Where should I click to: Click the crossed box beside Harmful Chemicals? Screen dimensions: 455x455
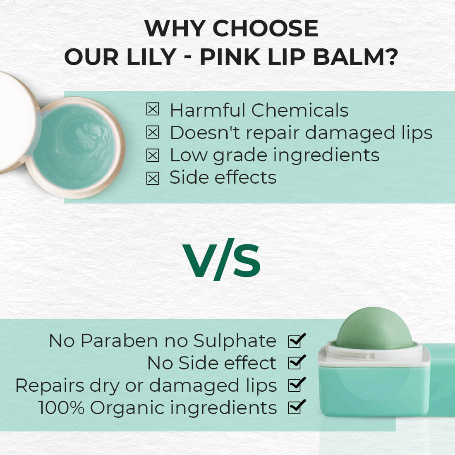(153, 109)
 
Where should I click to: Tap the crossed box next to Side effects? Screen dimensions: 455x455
(153, 178)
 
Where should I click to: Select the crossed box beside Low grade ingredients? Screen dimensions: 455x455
(153, 155)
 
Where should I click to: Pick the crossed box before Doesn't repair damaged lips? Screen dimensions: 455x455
(153, 132)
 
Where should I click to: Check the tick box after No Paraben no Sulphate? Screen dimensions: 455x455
(297, 340)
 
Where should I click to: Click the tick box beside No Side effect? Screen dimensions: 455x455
(297, 362)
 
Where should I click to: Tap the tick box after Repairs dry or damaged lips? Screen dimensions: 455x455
(297, 385)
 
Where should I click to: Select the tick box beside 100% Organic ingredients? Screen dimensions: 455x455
(297, 407)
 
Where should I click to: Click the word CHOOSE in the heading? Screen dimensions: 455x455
(265, 29)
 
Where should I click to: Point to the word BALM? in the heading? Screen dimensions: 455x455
(355, 57)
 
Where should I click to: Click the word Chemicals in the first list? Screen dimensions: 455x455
(300, 110)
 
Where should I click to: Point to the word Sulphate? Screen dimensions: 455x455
(235, 340)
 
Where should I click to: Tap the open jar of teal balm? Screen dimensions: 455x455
(76, 147)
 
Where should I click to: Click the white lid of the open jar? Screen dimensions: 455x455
(17, 123)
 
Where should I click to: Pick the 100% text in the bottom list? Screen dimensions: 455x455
(61, 407)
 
